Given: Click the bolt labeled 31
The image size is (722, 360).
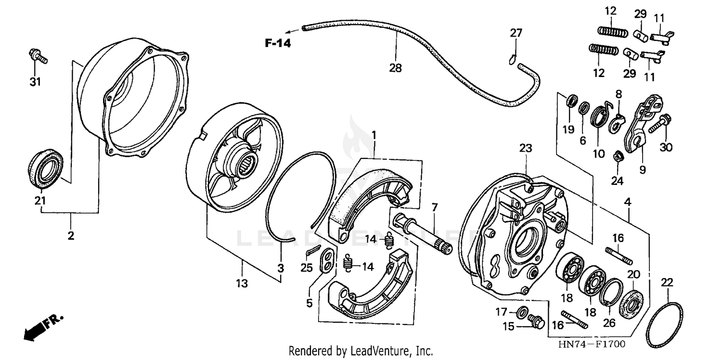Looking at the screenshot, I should (39, 56).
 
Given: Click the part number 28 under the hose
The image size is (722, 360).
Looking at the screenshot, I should (395, 68).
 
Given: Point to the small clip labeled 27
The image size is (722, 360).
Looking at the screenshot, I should (513, 59).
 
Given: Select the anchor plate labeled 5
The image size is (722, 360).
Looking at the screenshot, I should (327, 260).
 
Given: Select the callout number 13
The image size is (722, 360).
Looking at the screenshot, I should (242, 283).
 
